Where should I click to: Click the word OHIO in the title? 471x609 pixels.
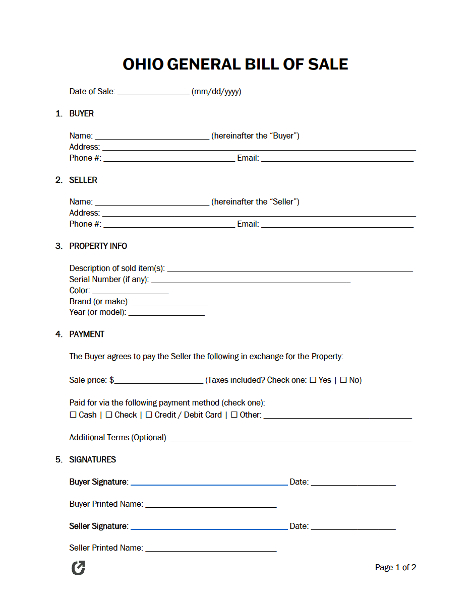tap(143, 64)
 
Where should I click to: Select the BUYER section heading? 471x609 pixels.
tap(81, 114)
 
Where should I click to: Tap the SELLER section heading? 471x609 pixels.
tap(83, 180)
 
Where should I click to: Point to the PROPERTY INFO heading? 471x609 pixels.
tap(98, 246)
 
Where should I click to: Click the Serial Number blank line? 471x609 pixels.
tap(251, 281)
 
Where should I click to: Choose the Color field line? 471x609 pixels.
tap(130, 292)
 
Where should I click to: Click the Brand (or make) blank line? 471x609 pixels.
tap(169, 303)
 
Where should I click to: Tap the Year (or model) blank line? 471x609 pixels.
tap(166, 314)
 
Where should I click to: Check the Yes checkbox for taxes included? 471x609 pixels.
tap(313, 380)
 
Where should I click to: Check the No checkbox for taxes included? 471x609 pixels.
tap(343, 380)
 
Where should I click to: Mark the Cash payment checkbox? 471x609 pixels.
tap(73, 415)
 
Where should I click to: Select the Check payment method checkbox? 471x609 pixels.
tap(109, 415)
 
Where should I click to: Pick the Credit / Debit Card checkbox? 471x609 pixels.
tap(149, 415)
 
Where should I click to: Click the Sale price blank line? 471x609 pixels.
tap(158, 382)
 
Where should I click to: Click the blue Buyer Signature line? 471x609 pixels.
tap(209, 484)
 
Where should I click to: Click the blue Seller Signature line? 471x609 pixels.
tap(209, 528)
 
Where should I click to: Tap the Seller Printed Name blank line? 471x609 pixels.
tap(211, 550)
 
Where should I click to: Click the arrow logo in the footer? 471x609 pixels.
tap(78, 568)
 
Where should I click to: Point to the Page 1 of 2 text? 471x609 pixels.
tap(395, 568)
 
